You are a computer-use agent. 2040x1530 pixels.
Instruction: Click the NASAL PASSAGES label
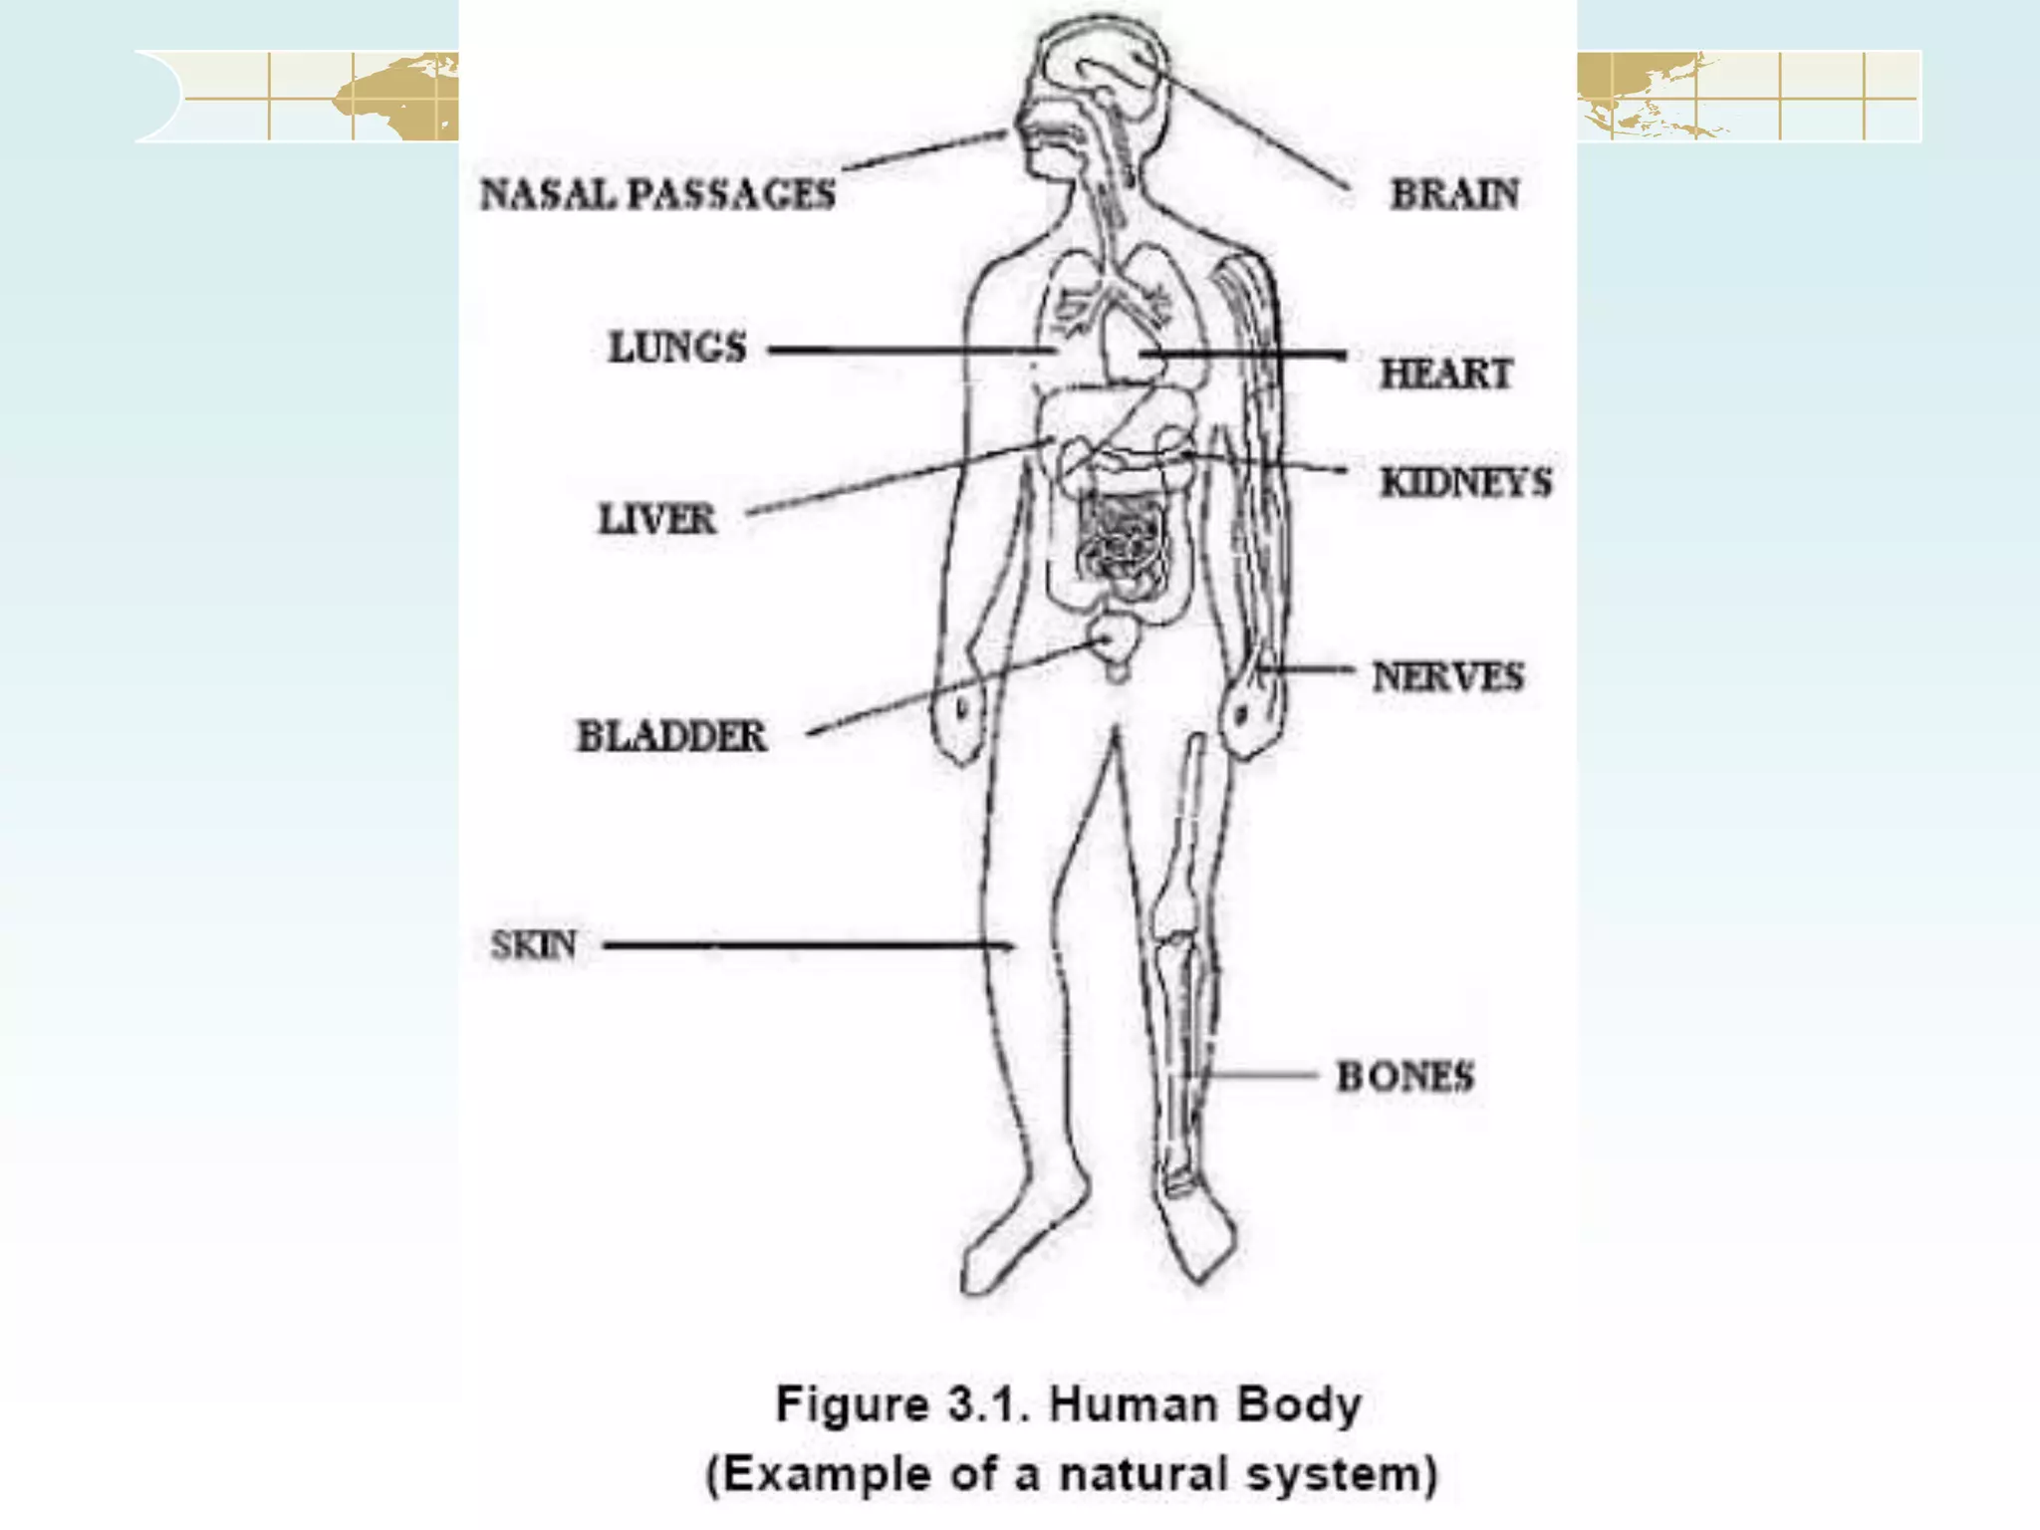[657, 194]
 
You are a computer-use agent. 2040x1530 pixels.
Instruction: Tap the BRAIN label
[1454, 194]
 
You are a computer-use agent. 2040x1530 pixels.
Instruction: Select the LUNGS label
[677, 348]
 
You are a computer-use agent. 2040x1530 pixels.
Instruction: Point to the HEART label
[1445, 374]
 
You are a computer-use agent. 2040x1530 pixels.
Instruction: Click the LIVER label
[656, 519]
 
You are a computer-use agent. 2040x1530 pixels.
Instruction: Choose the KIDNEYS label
[1465, 483]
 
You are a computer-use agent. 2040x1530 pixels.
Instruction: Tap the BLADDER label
[672, 736]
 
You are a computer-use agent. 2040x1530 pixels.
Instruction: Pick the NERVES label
[1447, 677]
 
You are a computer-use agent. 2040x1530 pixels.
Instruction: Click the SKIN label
[534, 944]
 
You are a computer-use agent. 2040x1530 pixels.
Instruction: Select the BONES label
[1404, 1077]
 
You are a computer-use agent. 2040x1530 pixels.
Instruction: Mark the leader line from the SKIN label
[807, 944]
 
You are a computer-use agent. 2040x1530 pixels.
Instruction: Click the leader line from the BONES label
[1260, 1075]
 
